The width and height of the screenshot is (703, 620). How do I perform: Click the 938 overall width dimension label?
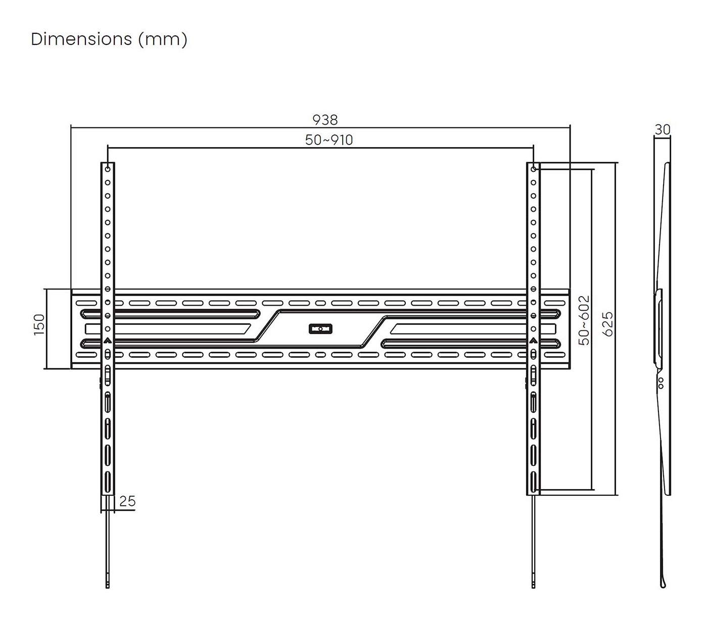pyautogui.click(x=325, y=120)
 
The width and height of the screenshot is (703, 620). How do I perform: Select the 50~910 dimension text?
pyautogui.click(x=329, y=140)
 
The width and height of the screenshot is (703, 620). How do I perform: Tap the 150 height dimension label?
pyautogui.click(x=39, y=325)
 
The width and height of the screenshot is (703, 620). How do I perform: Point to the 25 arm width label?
pyautogui.click(x=127, y=501)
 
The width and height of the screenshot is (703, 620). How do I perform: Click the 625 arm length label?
pyautogui.click(x=607, y=324)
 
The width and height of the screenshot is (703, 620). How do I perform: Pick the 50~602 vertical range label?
pyautogui.click(x=584, y=320)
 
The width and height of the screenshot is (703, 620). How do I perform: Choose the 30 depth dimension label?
pyautogui.click(x=663, y=130)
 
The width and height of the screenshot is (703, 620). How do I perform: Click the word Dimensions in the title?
pyautogui.click(x=81, y=39)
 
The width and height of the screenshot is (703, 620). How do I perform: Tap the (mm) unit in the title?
pyautogui.click(x=163, y=39)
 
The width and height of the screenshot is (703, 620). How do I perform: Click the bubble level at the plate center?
pyautogui.click(x=320, y=328)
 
